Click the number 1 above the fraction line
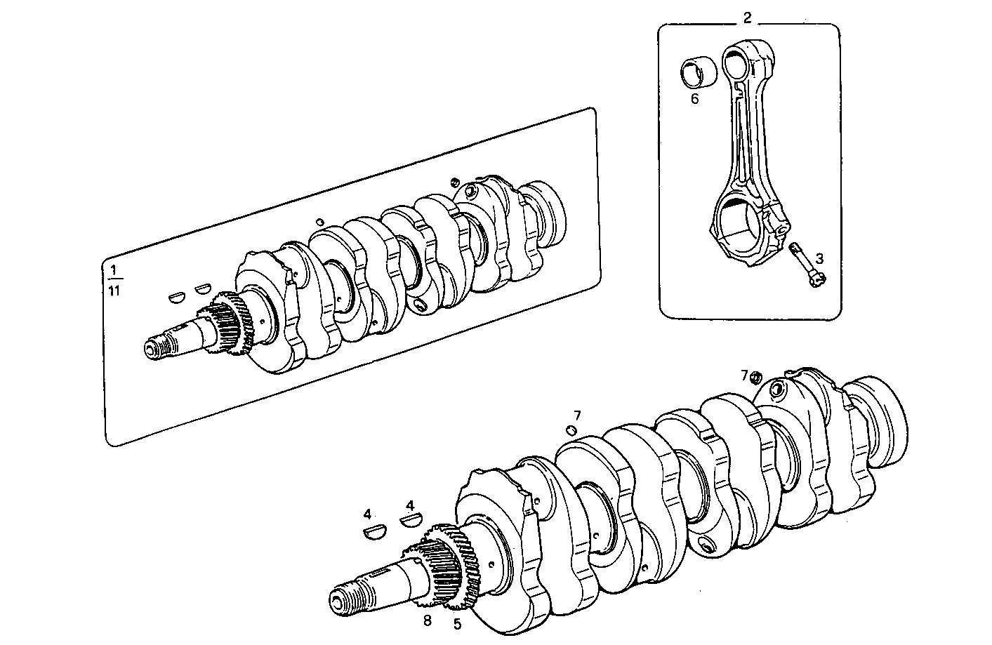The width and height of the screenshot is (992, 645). (114, 270)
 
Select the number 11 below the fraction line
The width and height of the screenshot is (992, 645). (114, 291)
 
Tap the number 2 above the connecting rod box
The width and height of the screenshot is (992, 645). (748, 18)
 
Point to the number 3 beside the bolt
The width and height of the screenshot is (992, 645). (819, 258)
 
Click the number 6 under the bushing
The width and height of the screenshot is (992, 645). (694, 99)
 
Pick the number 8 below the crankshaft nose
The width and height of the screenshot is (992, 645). (427, 620)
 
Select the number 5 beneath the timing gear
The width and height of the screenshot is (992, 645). (457, 623)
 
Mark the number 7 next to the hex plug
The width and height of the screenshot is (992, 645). (745, 375)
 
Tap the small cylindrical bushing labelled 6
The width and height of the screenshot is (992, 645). (699, 72)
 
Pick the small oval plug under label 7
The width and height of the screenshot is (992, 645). (571, 430)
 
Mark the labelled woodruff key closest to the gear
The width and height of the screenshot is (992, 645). (409, 520)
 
